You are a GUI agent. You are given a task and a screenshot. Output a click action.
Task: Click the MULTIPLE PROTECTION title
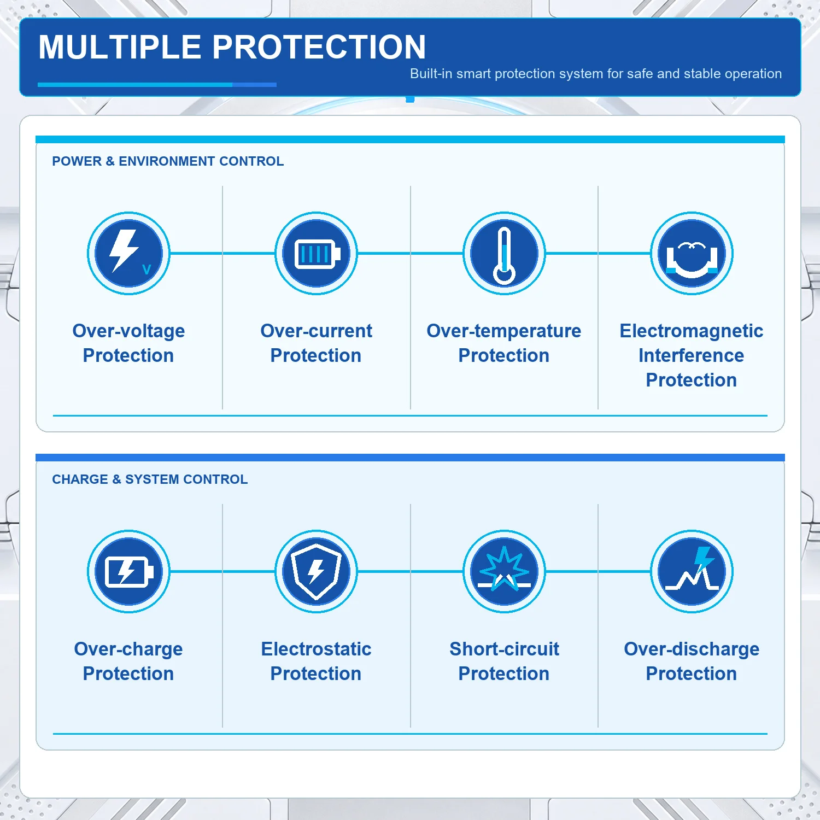(x=232, y=47)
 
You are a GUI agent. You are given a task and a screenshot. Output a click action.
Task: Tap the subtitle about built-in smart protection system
(x=596, y=74)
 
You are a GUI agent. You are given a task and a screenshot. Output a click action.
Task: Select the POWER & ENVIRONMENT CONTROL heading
(x=168, y=161)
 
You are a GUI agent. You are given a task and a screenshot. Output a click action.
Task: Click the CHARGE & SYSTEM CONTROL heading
(x=150, y=479)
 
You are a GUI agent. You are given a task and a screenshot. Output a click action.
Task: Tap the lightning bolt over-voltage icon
(x=128, y=253)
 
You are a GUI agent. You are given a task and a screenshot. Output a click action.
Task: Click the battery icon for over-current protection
(x=316, y=253)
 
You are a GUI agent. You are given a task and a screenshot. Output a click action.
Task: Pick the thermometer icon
(x=504, y=253)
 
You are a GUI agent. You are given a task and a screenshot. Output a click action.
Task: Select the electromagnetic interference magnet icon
(x=692, y=253)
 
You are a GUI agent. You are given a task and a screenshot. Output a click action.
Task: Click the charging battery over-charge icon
(x=128, y=571)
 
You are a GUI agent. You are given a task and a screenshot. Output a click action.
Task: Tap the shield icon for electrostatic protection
(x=316, y=571)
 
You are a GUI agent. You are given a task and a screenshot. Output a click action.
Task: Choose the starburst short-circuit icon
(x=504, y=571)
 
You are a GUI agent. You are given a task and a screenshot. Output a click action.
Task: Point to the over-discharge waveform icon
(x=692, y=571)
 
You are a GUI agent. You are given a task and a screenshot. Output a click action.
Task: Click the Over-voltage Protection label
(x=128, y=343)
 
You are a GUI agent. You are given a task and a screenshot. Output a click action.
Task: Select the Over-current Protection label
(x=316, y=343)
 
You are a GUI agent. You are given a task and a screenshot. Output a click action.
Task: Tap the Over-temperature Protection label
(x=504, y=343)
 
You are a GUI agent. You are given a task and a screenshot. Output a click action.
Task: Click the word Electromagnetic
(x=692, y=331)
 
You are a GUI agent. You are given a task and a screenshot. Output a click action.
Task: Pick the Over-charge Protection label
(x=128, y=661)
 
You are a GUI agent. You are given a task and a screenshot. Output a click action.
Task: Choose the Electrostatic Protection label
(x=316, y=661)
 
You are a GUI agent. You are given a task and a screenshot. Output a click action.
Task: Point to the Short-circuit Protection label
(x=504, y=661)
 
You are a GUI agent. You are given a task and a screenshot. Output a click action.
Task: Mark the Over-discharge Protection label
(x=692, y=661)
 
